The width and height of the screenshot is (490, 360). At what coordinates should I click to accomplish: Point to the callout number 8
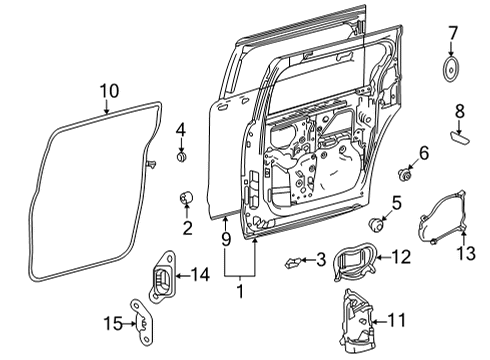pos(459,110)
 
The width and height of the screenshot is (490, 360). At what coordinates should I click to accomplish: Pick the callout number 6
pos(423,152)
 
